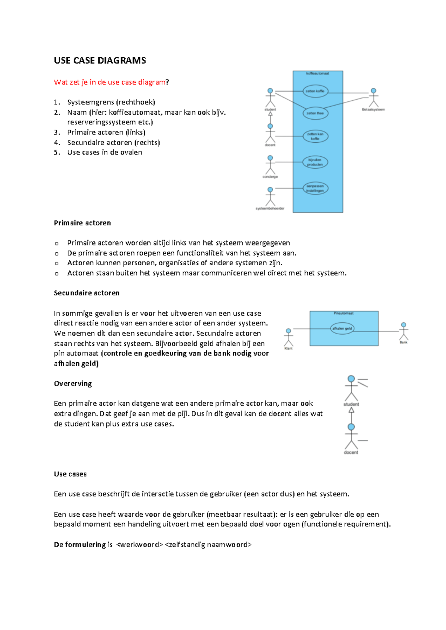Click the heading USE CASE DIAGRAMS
pyautogui.click(x=100, y=61)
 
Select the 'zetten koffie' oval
pyautogui.click(x=315, y=91)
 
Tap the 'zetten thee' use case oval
pyautogui.click(x=315, y=113)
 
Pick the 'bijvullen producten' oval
pyautogui.click(x=315, y=162)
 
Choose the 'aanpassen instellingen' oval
pyautogui.click(x=315, y=188)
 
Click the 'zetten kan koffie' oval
pyautogui.click(x=315, y=136)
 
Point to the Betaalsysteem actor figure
pyautogui.click(x=374, y=98)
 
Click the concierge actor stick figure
pyautogui.click(x=270, y=165)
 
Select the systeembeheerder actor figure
pyautogui.click(x=270, y=197)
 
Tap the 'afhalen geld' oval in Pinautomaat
pyautogui.click(x=342, y=328)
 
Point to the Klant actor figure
pyautogui.click(x=288, y=337)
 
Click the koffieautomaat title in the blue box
pyautogui.click(x=317, y=74)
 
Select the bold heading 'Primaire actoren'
pyautogui.click(x=82, y=223)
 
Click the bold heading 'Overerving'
pyautogui.click(x=73, y=383)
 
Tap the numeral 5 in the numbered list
pyautogui.click(x=56, y=152)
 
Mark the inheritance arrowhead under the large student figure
pyautogui.click(x=351, y=410)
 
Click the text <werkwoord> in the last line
pyautogui.click(x=140, y=545)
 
